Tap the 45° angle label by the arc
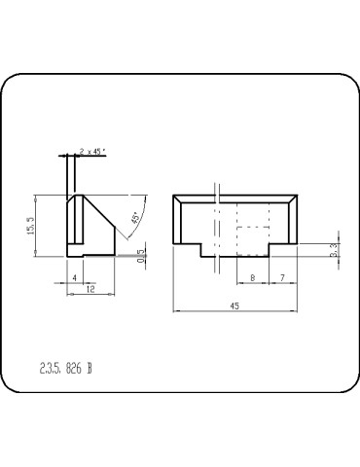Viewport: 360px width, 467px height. tap(134, 219)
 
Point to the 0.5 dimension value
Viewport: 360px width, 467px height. tap(140, 256)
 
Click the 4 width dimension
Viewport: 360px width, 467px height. tap(75, 278)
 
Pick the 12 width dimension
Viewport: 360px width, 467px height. tap(90, 290)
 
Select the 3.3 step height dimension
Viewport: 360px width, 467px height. tap(334, 249)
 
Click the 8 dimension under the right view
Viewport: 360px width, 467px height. tap(253, 278)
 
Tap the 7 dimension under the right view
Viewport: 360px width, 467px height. tap(282, 278)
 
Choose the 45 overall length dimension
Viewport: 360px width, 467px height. tap(234, 305)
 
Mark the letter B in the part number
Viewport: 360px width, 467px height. tap(90, 368)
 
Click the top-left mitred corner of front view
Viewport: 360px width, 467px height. tap(177, 199)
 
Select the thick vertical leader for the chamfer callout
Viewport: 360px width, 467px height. tap(66, 175)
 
